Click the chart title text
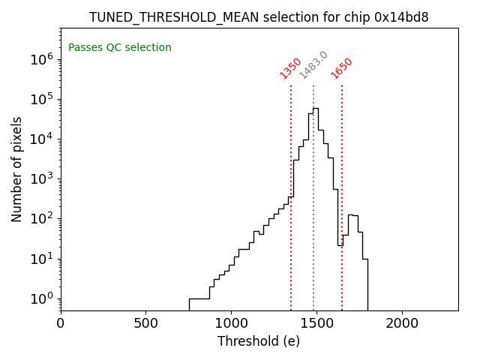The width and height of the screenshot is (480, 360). pos(259,17)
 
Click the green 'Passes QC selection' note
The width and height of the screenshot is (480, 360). pos(120,48)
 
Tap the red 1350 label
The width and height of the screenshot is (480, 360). pos(290,68)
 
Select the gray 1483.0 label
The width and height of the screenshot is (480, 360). pos(313,65)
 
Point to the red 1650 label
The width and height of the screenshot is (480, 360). pos(341,68)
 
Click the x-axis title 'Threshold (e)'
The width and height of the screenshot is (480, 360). pos(259,341)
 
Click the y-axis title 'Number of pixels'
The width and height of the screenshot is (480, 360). pos(17,169)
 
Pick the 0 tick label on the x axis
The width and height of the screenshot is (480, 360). pos(61,323)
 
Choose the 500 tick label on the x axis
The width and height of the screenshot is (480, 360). pos(145,323)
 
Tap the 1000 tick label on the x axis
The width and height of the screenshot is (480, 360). pos(231,323)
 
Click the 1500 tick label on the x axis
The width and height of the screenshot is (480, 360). pos(316,323)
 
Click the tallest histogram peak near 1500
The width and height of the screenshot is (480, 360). pos(316,109)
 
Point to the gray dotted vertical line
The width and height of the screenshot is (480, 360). pos(313,225)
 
